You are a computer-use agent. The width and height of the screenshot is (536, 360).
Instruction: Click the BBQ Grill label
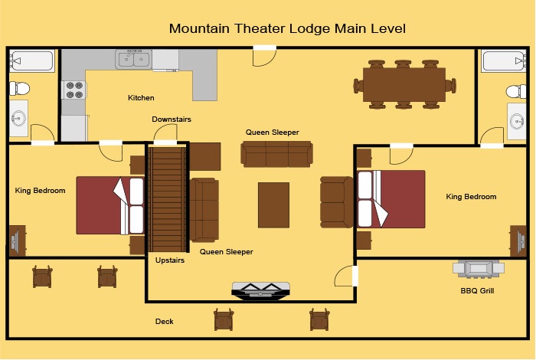pyautogui.click(x=477, y=290)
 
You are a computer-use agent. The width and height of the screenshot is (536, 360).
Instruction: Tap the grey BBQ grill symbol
pyautogui.click(x=479, y=268)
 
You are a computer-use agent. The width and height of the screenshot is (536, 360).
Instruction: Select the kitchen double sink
pyautogui.click(x=133, y=59)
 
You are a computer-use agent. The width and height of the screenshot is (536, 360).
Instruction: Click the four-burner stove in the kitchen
pyautogui.click(x=74, y=90)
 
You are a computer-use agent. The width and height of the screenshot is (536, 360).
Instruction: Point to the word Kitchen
pyautogui.click(x=141, y=98)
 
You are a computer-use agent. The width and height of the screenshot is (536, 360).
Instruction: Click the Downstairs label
pyautogui.click(x=172, y=119)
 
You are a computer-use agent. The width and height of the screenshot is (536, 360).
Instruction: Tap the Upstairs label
pyautogui.click(x=170, y=260)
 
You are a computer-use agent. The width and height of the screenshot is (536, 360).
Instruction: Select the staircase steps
pyautogui.click(x=168, y=199)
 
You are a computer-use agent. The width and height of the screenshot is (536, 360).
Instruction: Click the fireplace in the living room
pyautogui.click(x=261, y=291)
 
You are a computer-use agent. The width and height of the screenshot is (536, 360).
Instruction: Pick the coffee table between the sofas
pyautogui.click(x=273, y=205)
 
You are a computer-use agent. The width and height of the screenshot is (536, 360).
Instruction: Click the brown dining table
pyautogui.click(x=404, y=84)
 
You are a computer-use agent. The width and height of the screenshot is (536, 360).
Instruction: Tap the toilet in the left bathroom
pyautogui.click(x=19, y=89)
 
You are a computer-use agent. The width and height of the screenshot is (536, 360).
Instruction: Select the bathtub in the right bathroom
pyautogui.click(x=504, y=61)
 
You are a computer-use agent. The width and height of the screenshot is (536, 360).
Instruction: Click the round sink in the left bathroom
pyautogui.click(x=18, y=118)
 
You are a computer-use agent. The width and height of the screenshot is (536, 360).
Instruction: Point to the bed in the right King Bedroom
pyautogui.click(x=391, y=199)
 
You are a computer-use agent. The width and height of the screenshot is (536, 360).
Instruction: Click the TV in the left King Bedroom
pyautogui.click(x=15, y=241)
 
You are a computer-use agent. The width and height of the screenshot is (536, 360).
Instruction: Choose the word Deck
pyautogui.click(x=164, y=322)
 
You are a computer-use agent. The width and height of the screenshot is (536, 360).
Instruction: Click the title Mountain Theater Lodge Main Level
pyautogui.click(x=287, y=28)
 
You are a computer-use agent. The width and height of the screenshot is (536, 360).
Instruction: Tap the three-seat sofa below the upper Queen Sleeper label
pyautogui.click(x=276, y=154)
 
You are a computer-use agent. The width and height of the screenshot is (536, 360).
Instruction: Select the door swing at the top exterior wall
pyautogui.click(x=264, y=57)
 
